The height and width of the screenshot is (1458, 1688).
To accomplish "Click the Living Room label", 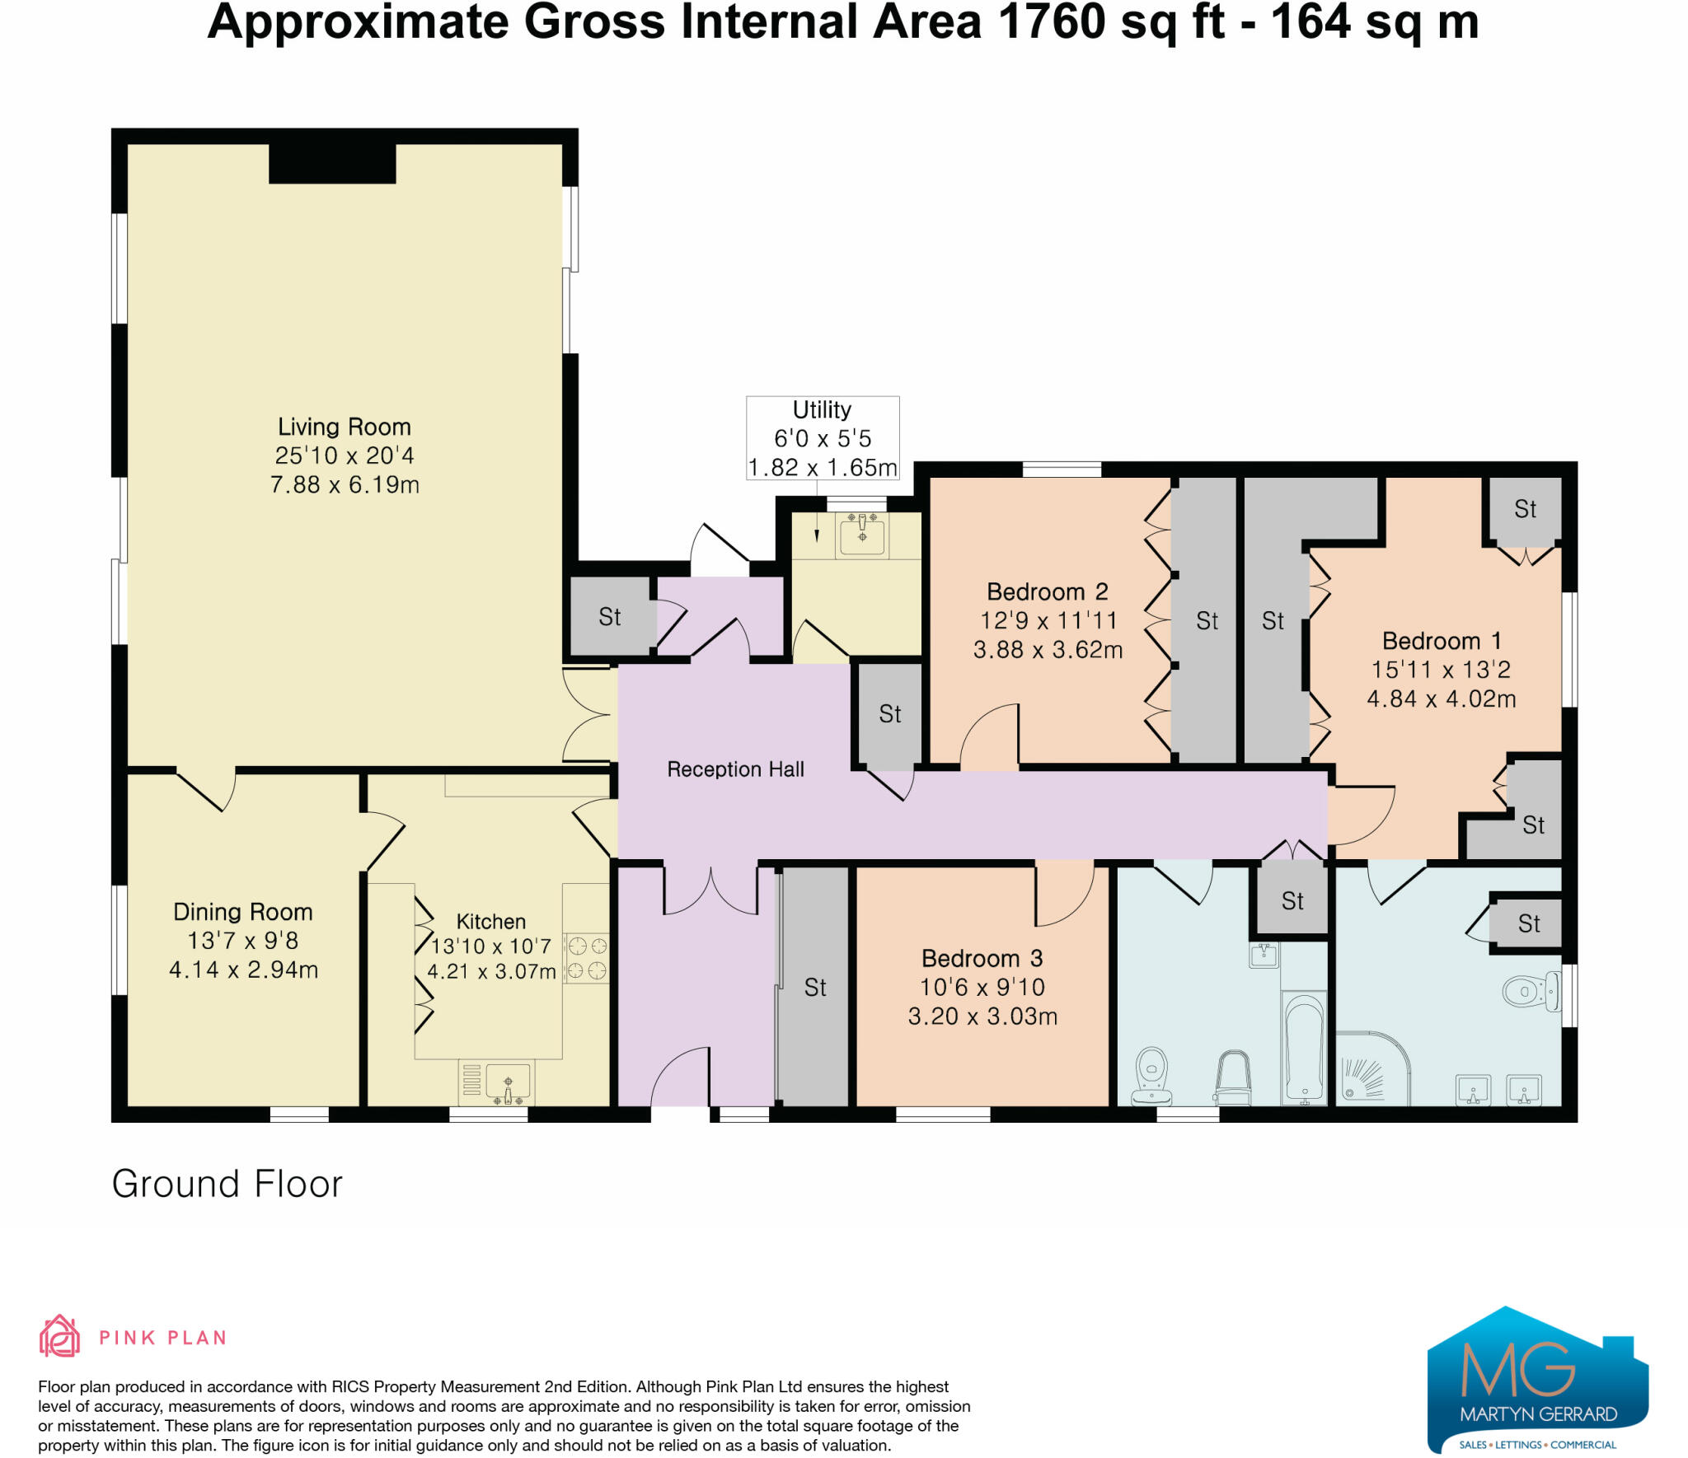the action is click(x=344, y=427).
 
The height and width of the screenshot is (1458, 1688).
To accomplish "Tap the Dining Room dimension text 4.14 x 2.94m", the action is click(x=243, y=970).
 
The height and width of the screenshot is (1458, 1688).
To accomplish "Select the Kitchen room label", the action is click(x=491, y=922).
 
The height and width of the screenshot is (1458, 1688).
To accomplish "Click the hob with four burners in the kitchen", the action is click(x=587, y=959).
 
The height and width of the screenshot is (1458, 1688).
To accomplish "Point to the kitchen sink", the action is click(x=508, y=1082).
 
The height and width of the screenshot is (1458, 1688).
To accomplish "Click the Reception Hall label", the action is click(x=735, y=769).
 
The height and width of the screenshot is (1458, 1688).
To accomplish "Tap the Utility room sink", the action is click(x=862, y=533).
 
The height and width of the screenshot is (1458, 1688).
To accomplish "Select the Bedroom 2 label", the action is click(x=1047, y=591).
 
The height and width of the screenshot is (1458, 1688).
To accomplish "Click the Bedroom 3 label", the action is click(x=982, y=958).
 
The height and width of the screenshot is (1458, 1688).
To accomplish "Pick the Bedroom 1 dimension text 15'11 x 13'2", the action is click(x=1441, y=670).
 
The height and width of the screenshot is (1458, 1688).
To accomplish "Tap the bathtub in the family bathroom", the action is click(x=1304, y=1046).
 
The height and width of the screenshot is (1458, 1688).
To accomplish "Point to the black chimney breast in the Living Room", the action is click(x=332, y=163).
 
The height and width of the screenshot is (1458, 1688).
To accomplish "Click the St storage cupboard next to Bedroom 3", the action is click(x=814, y=987).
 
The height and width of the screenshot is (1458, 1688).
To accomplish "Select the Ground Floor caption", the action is click(x=227, y=1184).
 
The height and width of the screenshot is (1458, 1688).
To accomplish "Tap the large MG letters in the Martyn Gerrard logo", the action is click(x=1517, y=1369).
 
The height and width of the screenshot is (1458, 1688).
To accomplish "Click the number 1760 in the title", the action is click(x=1052, y=21).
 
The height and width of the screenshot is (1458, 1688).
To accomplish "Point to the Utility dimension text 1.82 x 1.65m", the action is click(x=822, y=467).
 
